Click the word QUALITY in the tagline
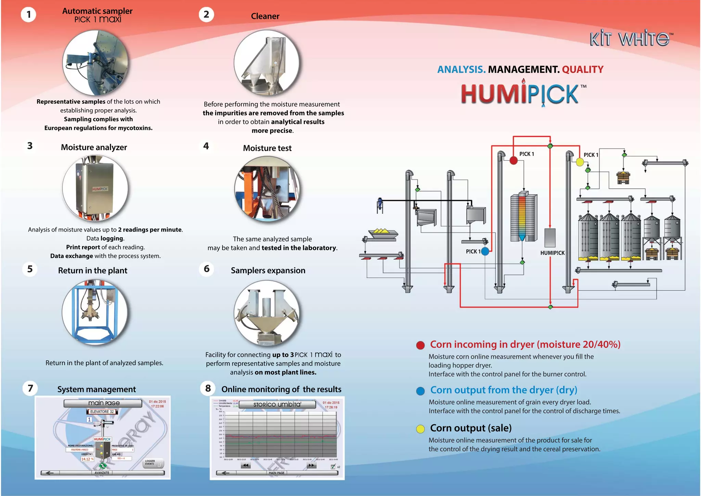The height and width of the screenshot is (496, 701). [583, 70]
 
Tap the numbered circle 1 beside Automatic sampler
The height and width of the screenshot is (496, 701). [29, 14]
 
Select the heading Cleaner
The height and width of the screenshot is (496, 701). [265, 16]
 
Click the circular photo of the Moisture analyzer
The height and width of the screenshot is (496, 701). [95, 188]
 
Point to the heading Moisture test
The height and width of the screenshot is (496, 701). [267, 148]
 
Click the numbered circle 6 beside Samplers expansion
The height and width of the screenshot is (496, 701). [206, 269]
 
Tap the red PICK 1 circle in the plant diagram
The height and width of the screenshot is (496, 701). [513, 160]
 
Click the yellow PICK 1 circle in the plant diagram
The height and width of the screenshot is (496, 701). [579, 162]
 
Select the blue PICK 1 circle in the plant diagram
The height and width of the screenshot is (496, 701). [485, 251]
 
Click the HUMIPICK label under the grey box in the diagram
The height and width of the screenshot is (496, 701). [552, 253]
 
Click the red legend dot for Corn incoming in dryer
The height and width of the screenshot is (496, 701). [420, 345]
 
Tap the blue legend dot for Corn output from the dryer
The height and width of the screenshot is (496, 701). [420, 391]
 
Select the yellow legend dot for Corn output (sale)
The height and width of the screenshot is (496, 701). [420, 429]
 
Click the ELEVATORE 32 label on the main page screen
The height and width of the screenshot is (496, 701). [102, 412]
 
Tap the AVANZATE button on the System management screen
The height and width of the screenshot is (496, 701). [102, 473]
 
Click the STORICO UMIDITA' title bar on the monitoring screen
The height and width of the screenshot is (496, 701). [277, 405]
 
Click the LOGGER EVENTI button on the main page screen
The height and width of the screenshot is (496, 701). [152, 463]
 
